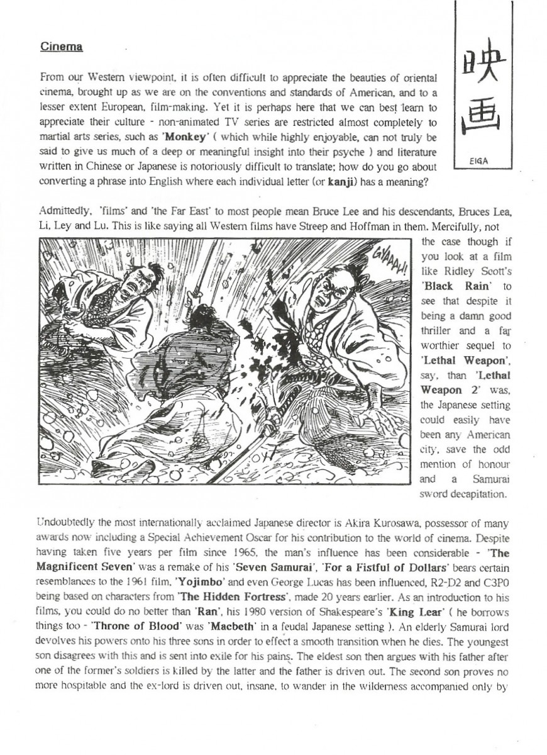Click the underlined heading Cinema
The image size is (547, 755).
coord(62,47)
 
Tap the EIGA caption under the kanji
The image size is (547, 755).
coord(478,161)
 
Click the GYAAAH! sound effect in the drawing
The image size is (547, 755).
coord(389,257)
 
